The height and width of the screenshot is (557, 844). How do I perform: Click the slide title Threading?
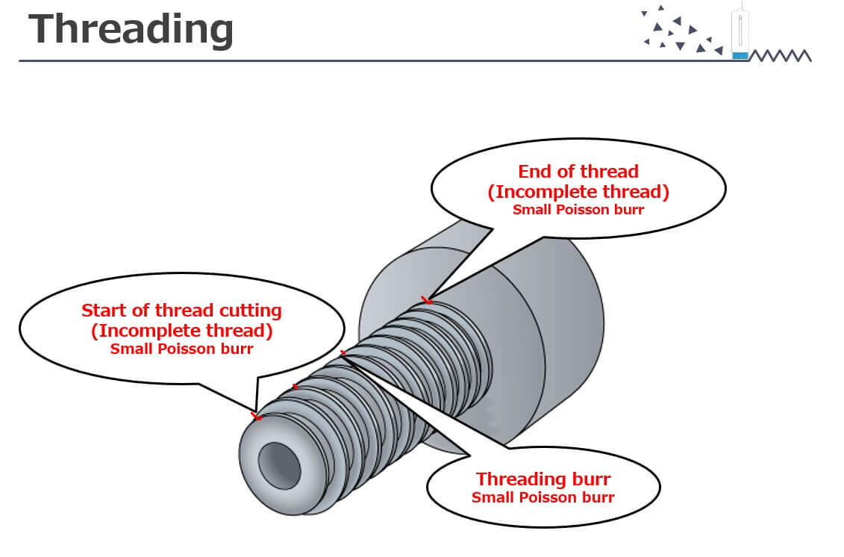coord(131,30)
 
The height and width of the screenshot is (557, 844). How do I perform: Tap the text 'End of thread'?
coord(578,172)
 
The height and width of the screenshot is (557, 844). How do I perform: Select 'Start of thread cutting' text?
coord(181,310)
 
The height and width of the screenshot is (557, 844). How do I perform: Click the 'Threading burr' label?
coord(543,479)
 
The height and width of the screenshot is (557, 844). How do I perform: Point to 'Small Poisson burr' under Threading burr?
coord(543,497)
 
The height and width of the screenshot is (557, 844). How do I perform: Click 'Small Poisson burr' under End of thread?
coord(578,210)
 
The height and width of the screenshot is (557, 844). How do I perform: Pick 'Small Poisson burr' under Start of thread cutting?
coord(181,349)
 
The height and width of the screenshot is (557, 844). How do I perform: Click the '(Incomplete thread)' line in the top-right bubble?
coord(578,191)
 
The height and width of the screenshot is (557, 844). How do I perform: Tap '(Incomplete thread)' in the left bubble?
coord(181,330)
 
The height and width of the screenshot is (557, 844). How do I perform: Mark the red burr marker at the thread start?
coord(257,415)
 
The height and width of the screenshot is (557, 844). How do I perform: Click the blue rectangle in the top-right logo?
coord(740,55)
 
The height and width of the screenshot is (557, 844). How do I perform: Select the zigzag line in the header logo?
coord(780,56)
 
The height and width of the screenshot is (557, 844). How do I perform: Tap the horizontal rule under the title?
coord(373,60)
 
